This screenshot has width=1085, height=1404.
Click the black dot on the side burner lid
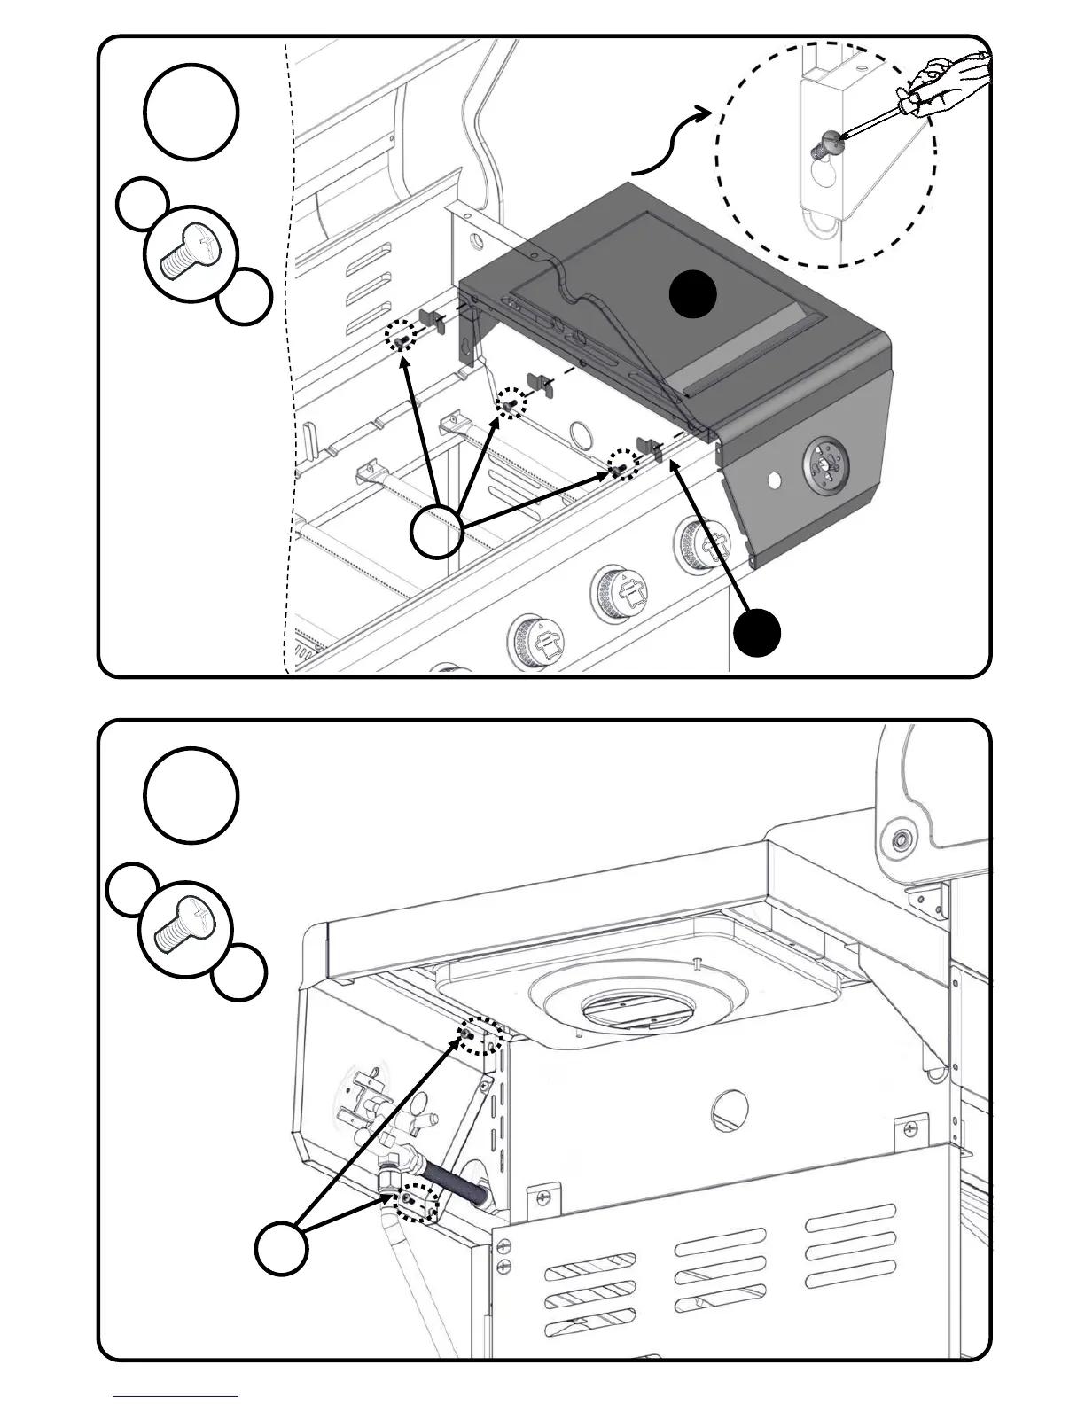click(x=692, y=294)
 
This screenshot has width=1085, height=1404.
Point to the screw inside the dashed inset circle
click(x=829, y=141)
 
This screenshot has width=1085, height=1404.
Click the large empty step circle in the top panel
click(x=191, y=112)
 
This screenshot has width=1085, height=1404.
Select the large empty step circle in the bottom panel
click(x=191, y=795)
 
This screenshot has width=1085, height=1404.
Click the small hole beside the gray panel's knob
click(x=774, y=479)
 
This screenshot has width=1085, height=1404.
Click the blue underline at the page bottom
click(x=175, y=1396)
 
